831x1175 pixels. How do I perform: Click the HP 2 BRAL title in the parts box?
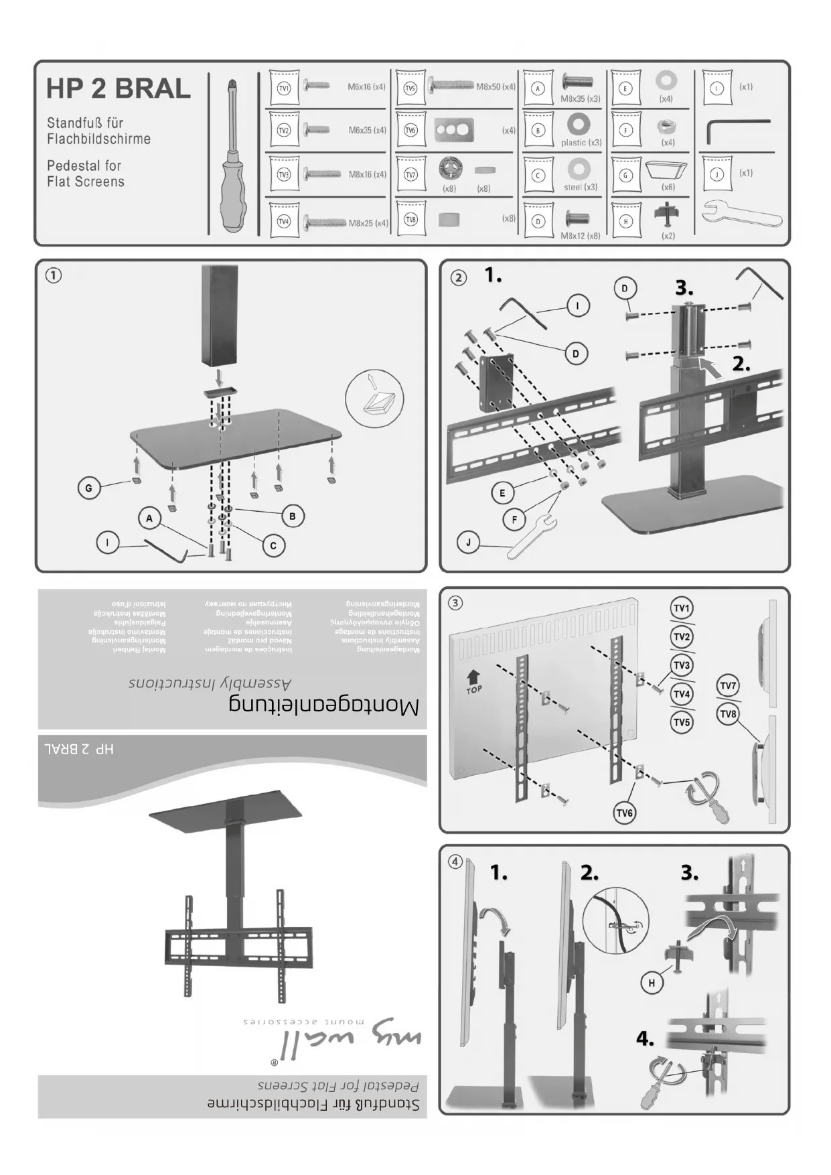click(119, 89)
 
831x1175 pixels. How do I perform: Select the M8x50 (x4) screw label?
click(496, 87)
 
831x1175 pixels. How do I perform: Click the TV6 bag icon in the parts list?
click(410, 130)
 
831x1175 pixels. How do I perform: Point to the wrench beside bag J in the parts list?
click(741, 215)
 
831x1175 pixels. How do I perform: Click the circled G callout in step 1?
click(89, 488)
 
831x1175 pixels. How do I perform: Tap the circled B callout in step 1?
click(293, 516)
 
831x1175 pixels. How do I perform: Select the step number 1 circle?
click(54, 275)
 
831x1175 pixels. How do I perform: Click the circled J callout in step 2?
click(469, 542)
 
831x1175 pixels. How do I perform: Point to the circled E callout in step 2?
click(502, 493)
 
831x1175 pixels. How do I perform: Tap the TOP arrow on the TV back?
click(473, 681)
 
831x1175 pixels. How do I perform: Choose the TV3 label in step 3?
click(682, 665)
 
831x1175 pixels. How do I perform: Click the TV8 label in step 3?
click(728, 714)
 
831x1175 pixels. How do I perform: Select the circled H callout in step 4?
click(652, 983)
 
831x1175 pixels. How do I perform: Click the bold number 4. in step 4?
click(645, 1039)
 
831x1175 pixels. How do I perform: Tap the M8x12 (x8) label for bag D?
click(580, 236)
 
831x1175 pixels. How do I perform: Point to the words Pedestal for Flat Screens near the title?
click(85, 174)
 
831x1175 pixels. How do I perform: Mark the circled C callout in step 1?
click(273, 546)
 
